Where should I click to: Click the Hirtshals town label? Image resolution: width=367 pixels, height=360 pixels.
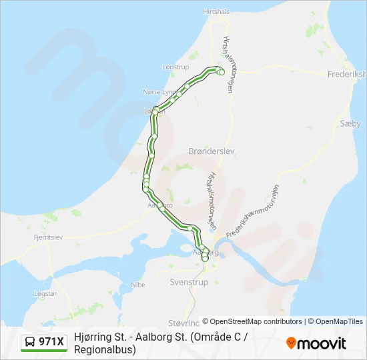pyautogui.click(x=216, y=12)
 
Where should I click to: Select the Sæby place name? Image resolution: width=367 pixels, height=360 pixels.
pyautogui.click(x=350, y=123)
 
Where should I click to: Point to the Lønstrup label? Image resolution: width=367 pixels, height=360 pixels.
pyautogui.click(x=176, y=67)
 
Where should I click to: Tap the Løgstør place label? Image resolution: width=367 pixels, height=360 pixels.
pyautogui.click(x=46, y=293)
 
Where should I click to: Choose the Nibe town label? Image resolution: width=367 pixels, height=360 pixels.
pyautogui.click(x=138, y=285)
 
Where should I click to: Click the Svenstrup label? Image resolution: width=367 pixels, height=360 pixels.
pyautogui.click(x=189, y=282)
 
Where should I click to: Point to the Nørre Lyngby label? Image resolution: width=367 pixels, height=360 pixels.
pyautogui.click(x=158, y=91)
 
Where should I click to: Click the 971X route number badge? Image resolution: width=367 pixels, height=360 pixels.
pyautogui.click(x=51, y=342)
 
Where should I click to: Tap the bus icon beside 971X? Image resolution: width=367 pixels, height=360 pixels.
pyautogui.click(x=30, y=342)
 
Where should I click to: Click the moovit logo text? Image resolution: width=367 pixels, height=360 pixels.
pyautogui.click(x=322, y=343)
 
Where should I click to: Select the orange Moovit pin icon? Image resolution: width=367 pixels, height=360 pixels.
pyautogui.click(x=291, y=343)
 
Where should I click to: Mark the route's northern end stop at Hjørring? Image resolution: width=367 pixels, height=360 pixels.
pyautogui.click(x=222, y=71)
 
